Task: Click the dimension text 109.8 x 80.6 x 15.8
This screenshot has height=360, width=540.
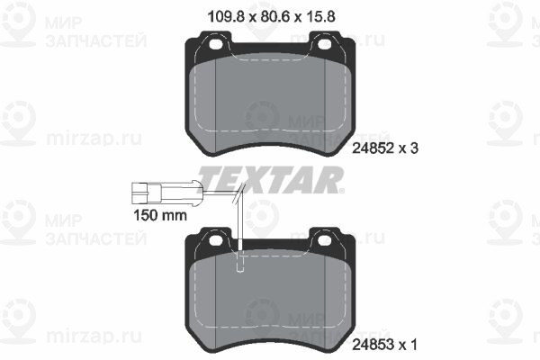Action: click(x=272, y=16)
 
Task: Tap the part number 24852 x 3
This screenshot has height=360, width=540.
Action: click(x=385, y=148)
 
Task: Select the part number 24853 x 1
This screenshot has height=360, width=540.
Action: click(x=384, y=344)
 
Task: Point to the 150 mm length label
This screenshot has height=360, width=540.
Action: click(x=160, y=215)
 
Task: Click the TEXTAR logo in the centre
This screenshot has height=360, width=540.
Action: click(x=271, y=179)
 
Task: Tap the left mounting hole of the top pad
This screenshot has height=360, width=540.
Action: click(x=216, y=45)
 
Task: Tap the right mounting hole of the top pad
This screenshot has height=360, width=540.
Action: click(x=324, y=44)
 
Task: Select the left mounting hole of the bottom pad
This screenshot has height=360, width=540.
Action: click(x=216, y=240)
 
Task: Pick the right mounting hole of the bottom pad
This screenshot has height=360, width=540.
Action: click(x=324, y=240)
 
